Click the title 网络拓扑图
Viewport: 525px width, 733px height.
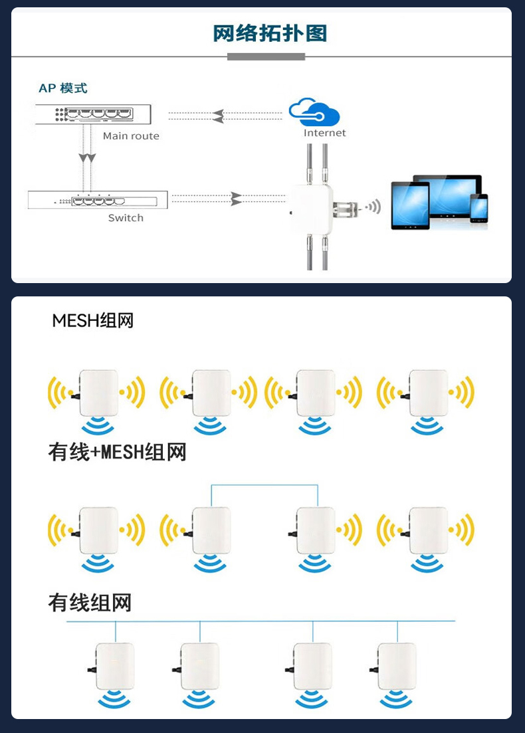(270, 33)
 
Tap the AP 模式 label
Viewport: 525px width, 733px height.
(63, 88)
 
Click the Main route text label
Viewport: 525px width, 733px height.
(131, 136)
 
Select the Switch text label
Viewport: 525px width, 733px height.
(126, 218)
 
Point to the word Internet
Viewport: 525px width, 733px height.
(325, 133)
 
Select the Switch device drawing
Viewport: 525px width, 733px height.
(98, 200)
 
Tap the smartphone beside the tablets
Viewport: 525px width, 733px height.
(478, 208)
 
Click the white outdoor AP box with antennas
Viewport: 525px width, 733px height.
(311, 208)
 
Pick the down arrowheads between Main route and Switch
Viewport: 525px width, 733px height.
(87, 158)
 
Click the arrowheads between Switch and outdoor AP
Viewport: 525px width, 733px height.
(236, 199)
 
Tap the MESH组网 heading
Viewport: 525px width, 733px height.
(93, 321)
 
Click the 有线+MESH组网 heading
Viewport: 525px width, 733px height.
(117, 453)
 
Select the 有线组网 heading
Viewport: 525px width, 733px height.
(90, 603)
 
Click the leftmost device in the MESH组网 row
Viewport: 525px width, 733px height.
(98, 393)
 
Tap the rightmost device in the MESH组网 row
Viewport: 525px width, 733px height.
(428, 393)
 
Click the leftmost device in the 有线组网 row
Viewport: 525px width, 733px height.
(114, 666)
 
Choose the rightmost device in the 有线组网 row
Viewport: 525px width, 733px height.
(397, 666)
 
